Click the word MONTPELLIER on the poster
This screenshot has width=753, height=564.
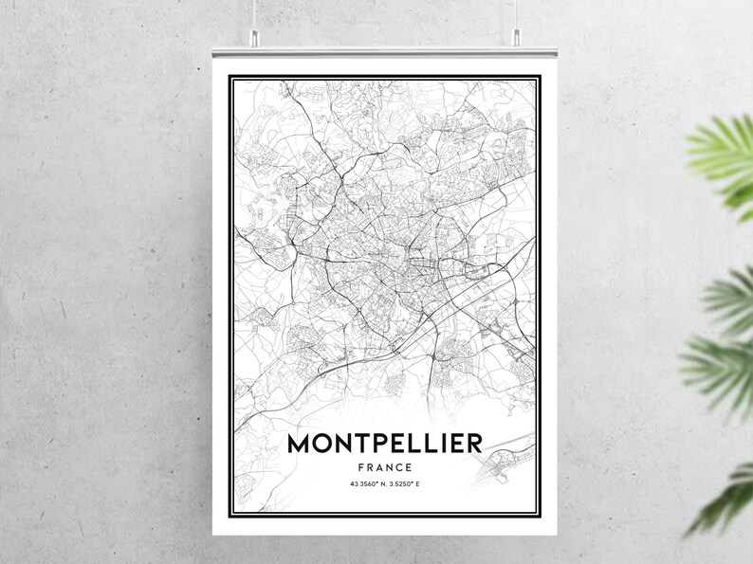tap(383, 444)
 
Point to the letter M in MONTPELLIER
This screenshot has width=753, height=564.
tap(298, 444)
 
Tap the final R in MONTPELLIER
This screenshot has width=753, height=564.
tap(471, 444)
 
